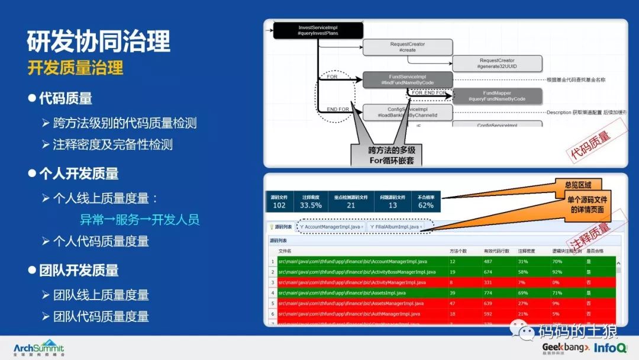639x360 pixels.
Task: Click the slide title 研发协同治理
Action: pyautogui.click(x=99, y=41)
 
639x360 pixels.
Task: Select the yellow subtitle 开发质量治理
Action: pyautogui.click(x=75, y=67)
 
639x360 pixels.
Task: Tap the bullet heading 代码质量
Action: pyautogui.click(x=65, y=98)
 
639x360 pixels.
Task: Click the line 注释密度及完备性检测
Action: pyautogui.click(x=113, y=144)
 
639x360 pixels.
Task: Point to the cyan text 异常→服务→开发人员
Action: pyautogui.click(x=140, y=220)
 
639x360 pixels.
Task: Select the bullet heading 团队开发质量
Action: pyautogui.click(x=79, y=271)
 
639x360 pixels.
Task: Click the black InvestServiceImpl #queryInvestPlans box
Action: pyautogui.click(x=318, y=31)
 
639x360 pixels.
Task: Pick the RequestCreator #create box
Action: pyautogui.click(x=408, y=47)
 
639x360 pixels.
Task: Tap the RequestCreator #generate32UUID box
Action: pyautogui.click(x=497, y=64)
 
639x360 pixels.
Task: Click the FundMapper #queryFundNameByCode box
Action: pyautogui.click(x=497, y=96)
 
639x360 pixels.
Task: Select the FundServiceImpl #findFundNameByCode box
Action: pyautogui.click(x=408, y=80)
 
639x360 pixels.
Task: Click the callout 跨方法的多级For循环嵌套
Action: pyautogui.click(x=391, y=155)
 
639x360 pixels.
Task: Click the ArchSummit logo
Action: pyautogui.click(x=38, y=348)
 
